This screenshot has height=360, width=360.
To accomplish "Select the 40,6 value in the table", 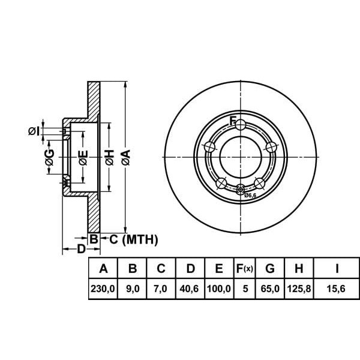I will coord(190,289).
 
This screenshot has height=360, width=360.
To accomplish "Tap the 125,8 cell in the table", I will coord(298,289).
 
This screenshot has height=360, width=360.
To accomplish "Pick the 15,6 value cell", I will coord(337,289).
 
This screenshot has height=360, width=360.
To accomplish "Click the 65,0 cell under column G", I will coord(269,289).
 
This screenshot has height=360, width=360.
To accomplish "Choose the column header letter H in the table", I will coord(298,268).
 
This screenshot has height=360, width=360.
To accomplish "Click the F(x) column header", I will coord(244,268).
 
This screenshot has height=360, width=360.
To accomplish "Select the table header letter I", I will coord(337,268).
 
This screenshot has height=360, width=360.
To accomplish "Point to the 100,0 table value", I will coord(218,289).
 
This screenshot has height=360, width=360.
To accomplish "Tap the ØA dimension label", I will coord(125,157).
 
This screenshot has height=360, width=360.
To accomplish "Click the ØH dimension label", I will coord(109,157).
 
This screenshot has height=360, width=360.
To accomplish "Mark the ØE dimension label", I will coord(83,158).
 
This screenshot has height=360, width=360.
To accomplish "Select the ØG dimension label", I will coord(50,158).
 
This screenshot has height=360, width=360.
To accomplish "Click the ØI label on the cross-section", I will coord(34,130).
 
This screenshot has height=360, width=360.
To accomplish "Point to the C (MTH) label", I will coord(133,240).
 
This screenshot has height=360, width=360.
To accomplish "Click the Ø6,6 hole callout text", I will coord(250,196).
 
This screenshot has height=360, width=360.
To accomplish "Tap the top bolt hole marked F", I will coord(241,125).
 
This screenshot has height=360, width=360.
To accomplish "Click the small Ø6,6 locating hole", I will coord(241,191).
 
